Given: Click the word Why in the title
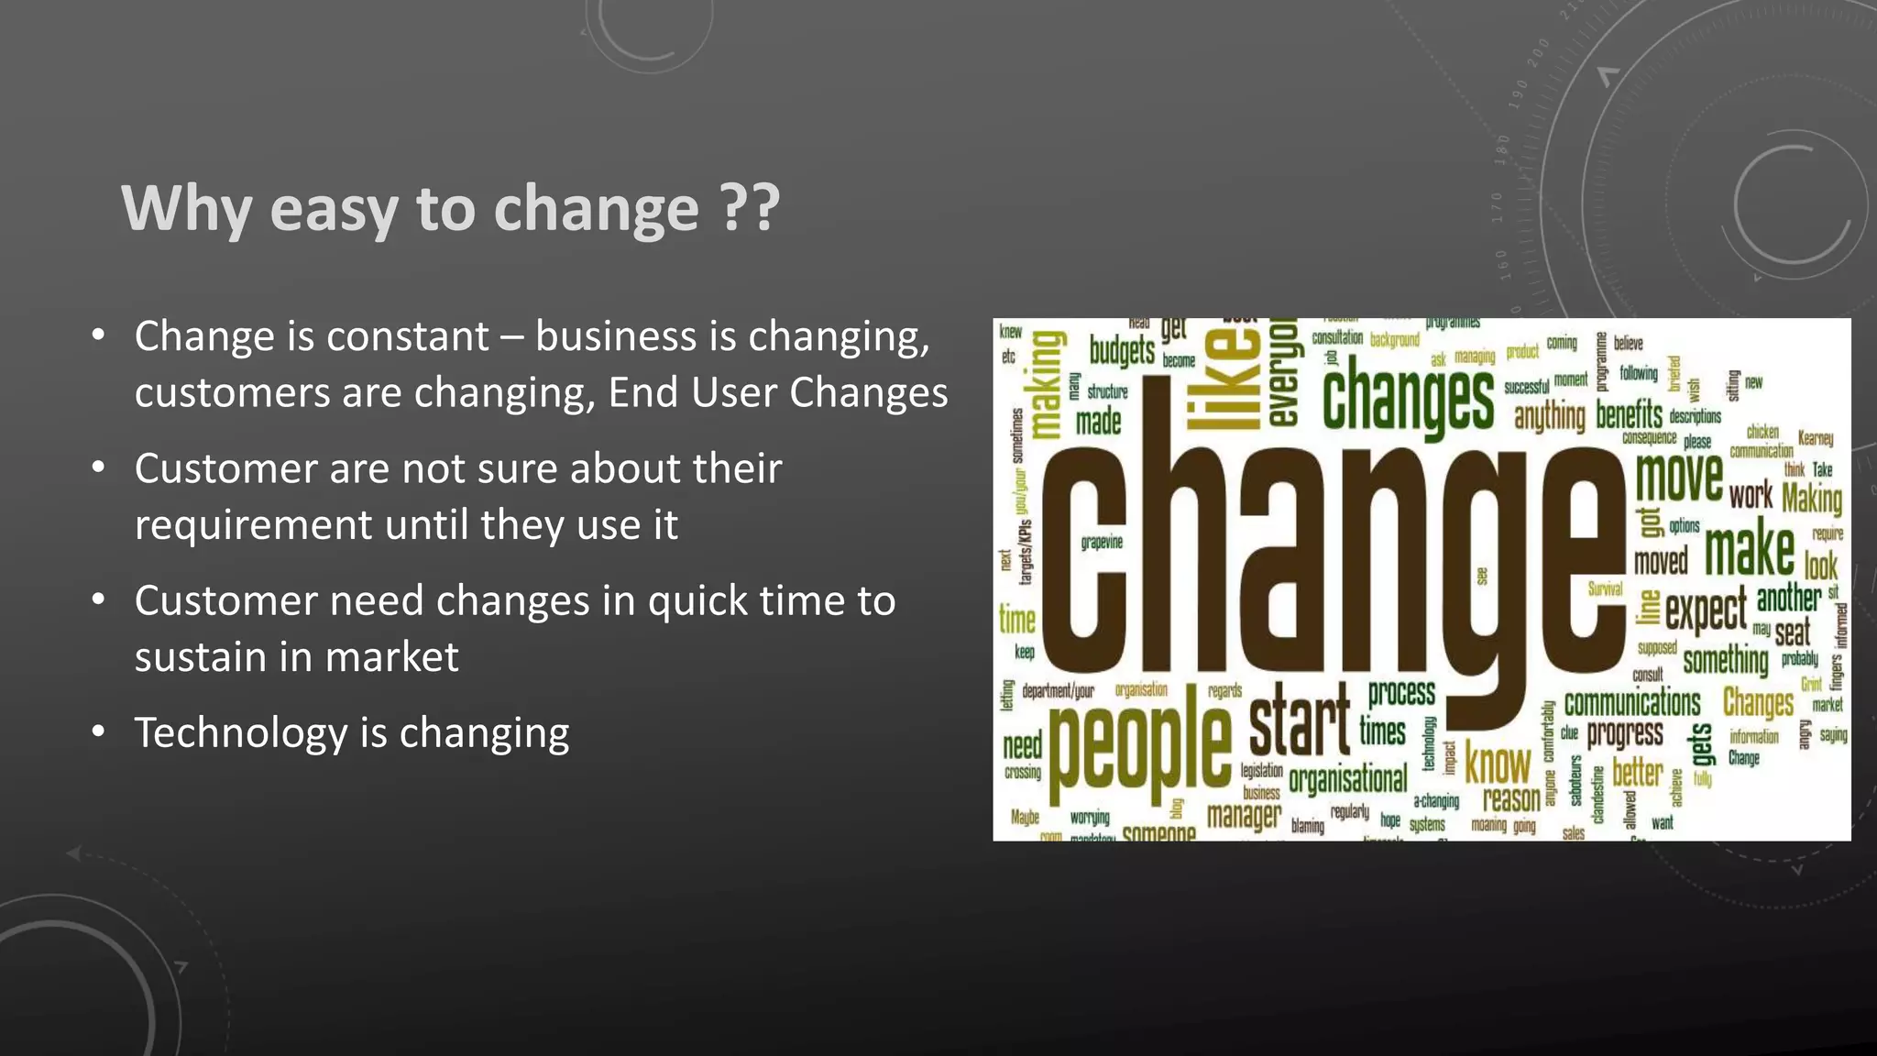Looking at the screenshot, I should coord(186,209).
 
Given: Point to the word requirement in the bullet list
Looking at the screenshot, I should coord(252,525).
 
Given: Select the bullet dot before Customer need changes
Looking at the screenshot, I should coord(99,600).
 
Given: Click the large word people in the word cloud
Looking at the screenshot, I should coord(1140,741).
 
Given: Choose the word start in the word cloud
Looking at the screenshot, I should coord(1300,724).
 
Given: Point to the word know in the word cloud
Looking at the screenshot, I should coord(1498,763).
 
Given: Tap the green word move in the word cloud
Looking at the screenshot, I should coord(1679,478).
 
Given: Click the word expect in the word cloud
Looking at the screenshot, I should coord(1706,610).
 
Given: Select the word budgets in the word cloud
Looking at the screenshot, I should coord(1122,351).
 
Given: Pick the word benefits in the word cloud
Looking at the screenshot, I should coord(1629,415).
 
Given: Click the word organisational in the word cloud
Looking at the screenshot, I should coord(1347,779).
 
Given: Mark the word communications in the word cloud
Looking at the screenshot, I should coord(1632,704).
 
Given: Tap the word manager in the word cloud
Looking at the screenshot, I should coord(1244,815).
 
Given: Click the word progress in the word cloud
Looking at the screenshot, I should coord(1625,734).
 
